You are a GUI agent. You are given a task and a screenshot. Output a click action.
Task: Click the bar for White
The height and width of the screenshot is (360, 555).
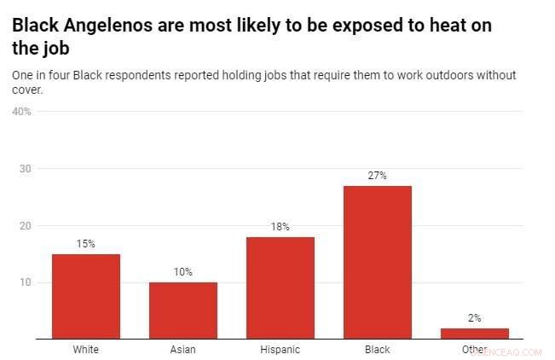tap(86, 296)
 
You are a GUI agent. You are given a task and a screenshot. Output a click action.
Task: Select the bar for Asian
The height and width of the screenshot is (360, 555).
tap(183, 311)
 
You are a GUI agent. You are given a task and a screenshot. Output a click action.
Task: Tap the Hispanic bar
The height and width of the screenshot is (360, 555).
tap(280, 287)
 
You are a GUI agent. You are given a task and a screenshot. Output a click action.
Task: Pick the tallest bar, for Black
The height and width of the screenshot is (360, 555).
tap(378, 262)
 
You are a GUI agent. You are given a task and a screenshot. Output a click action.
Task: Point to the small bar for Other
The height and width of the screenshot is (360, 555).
tap(475, 334)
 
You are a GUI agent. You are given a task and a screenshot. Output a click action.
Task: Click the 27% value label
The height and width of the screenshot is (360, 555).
tap(378, 176)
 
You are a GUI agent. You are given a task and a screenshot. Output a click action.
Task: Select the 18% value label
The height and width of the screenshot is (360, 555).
tap(280, 227)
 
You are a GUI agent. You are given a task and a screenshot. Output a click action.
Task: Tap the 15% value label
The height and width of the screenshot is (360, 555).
tap(86, 244)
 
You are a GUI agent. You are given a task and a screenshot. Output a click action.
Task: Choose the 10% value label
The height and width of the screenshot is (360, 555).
tap(183, 272)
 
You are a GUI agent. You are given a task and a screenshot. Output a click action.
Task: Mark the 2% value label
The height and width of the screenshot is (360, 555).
tap(475, 318)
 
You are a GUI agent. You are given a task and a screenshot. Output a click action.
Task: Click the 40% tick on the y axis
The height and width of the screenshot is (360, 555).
tap(21, 112)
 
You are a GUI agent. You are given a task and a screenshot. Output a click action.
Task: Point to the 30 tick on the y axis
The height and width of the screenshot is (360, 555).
tap(26, 169)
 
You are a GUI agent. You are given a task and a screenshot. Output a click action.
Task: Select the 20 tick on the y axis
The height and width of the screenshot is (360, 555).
tap(26, 226)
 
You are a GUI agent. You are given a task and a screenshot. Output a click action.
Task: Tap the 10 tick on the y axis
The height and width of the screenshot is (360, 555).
tap(26, 282)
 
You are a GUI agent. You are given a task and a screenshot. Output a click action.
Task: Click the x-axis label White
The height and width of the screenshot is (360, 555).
tap(86, 350)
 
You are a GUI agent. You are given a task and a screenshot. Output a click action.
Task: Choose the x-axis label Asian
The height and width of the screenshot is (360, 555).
tap(183, 350)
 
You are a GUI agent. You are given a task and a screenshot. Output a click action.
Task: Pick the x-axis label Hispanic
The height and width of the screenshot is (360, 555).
tap(280, 350)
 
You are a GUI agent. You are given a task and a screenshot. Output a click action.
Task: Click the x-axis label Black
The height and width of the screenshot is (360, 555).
tap(378, 350)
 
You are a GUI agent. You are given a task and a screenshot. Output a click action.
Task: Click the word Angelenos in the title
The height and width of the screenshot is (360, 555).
tap(107, 26)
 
